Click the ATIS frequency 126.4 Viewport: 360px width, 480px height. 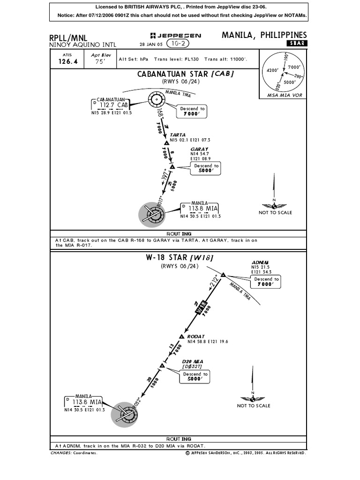tap(68, 61)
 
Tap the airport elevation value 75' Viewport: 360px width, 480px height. tap(98, 61)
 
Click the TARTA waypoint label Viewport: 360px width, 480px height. tap(178, 135)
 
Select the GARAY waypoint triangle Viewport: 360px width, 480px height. tap(172, 166)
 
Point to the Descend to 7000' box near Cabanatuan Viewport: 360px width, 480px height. tap(192, 111)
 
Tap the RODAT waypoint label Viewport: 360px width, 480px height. tap(196, 337)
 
